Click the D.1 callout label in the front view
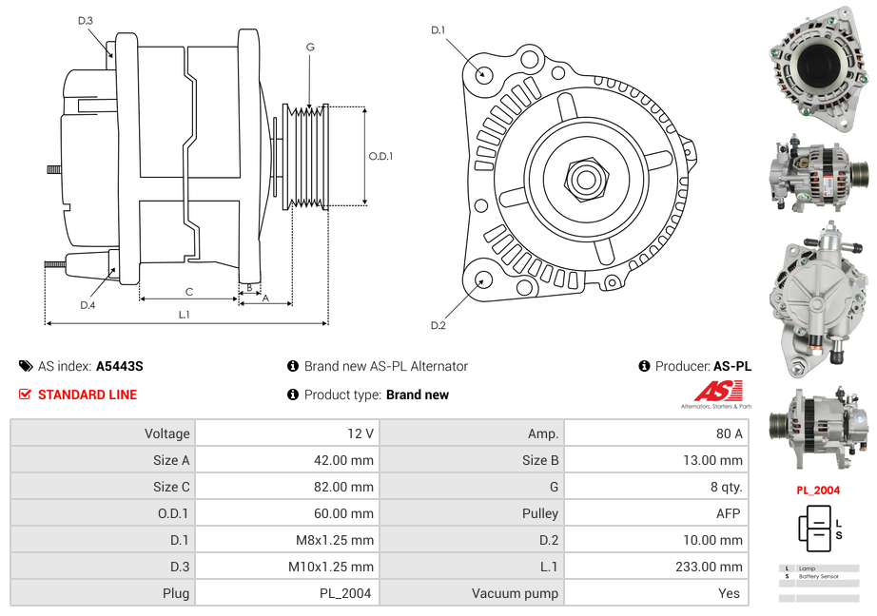pos(438,30)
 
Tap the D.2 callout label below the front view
pos(438,326)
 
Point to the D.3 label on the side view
pos(85,20)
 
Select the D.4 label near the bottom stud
pos(88,305)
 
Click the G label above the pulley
pos(310,48)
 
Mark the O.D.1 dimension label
pos(380,157)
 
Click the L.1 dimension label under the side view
pos(185,315)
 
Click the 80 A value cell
pos(729,433)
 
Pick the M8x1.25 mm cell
pos(331,540)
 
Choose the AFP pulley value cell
pos(729,513)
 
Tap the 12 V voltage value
pos(361,433)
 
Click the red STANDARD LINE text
pos(88,395)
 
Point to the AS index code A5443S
pos(119,366)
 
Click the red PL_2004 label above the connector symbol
pos(818,491)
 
